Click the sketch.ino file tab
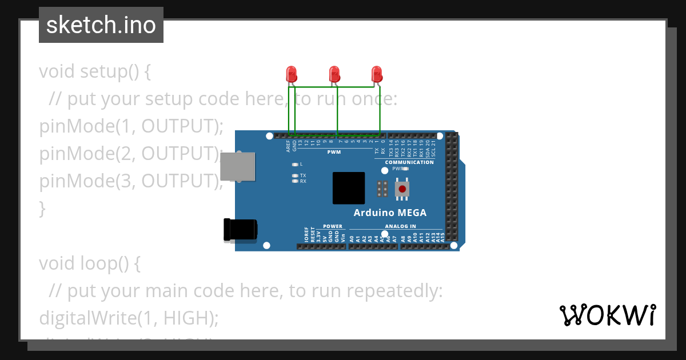[101, 25]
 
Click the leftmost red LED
[291, 74]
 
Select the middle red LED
[334, 74]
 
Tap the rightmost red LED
[376, 74]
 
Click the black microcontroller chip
[349, 188]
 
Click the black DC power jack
[240, 229]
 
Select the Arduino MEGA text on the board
[390, 213]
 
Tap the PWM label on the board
[334, 153]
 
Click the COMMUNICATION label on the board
[409, 162]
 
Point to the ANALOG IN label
[400, 226]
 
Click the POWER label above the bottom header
[333, 226]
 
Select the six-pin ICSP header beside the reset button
[382, 189]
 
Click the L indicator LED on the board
[295, 164]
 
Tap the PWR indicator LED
[405, 169]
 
